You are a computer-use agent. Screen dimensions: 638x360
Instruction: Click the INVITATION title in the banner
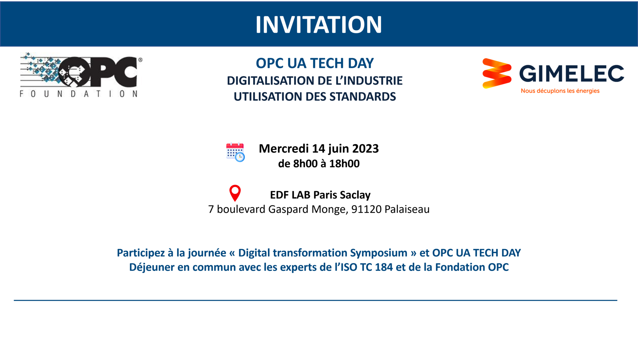point(319,25)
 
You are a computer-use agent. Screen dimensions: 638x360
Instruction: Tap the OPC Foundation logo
point(81,75)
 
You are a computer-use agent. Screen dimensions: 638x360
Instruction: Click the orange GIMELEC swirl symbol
point(497,73)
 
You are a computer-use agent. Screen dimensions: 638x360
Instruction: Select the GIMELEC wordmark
point(572,73)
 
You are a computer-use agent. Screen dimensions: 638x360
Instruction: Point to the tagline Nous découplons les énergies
point(560,91)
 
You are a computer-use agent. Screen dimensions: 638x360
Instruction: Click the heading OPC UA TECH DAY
point(315,63)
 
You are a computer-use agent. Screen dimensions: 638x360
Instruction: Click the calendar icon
point(235,152)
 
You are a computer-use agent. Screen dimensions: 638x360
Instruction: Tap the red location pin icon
point(235,193)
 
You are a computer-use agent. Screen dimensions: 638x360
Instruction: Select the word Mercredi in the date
point(284,149)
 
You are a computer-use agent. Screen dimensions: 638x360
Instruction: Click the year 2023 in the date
point(366,149)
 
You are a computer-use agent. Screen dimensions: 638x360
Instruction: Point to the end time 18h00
point(344,163)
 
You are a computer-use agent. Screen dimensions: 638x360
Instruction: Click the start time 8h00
point(305,163)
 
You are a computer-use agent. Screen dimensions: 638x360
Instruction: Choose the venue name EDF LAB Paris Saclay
point(320,195)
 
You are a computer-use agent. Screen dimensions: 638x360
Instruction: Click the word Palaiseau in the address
point(407,209)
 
